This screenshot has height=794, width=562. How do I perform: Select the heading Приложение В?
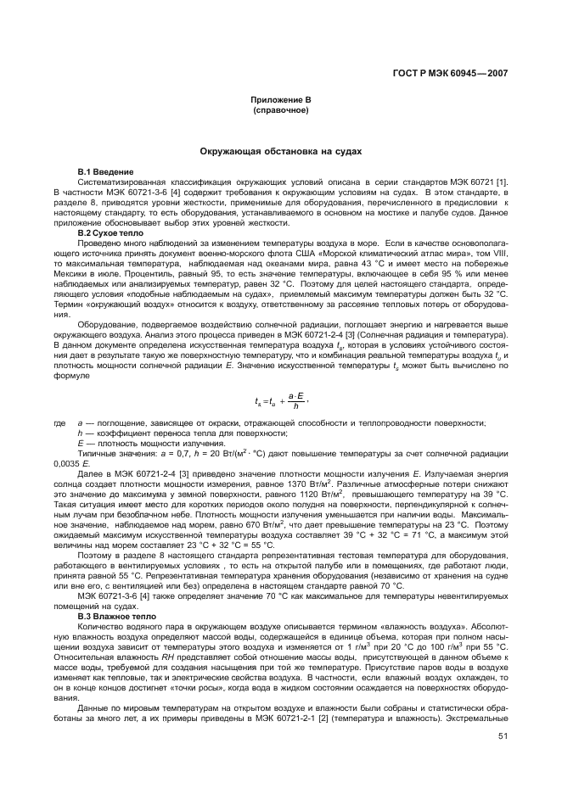coord(281,100)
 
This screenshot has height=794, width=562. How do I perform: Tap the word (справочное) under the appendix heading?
coord(281,110)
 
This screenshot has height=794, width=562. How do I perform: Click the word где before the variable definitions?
coord(59,422)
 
